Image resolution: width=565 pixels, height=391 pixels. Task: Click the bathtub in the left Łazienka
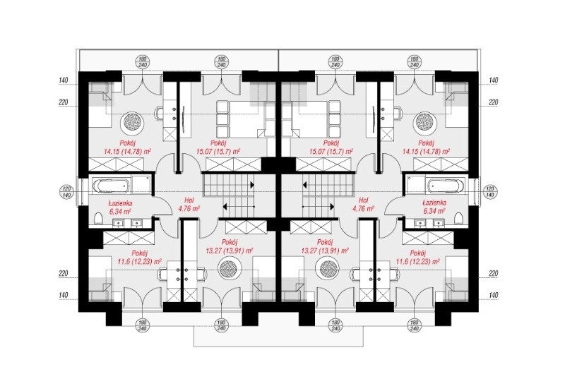pos(111,186)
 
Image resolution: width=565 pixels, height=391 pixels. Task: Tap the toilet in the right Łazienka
pos(458,219)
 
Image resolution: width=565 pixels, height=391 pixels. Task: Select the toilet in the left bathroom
pos(98,219)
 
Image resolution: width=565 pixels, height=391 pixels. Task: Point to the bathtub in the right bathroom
pos(446,186)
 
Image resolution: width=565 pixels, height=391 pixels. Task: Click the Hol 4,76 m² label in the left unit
pos(189,204)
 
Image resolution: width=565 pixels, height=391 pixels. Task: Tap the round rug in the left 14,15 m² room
pos(133,121)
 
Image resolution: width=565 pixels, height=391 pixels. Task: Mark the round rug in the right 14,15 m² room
pos(427,121)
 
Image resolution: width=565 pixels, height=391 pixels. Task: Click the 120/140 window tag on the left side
pos(66,192)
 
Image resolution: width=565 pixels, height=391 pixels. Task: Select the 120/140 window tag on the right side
pos(489,192)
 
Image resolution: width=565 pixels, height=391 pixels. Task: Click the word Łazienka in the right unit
pos(434,203)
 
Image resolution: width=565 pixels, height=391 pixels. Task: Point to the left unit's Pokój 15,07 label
pos(218,148)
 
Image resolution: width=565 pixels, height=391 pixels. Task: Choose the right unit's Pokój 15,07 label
pos(331,148)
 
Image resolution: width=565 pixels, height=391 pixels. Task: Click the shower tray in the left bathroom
pos(141,185)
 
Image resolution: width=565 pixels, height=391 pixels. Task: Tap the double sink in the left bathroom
pos(127,224)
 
